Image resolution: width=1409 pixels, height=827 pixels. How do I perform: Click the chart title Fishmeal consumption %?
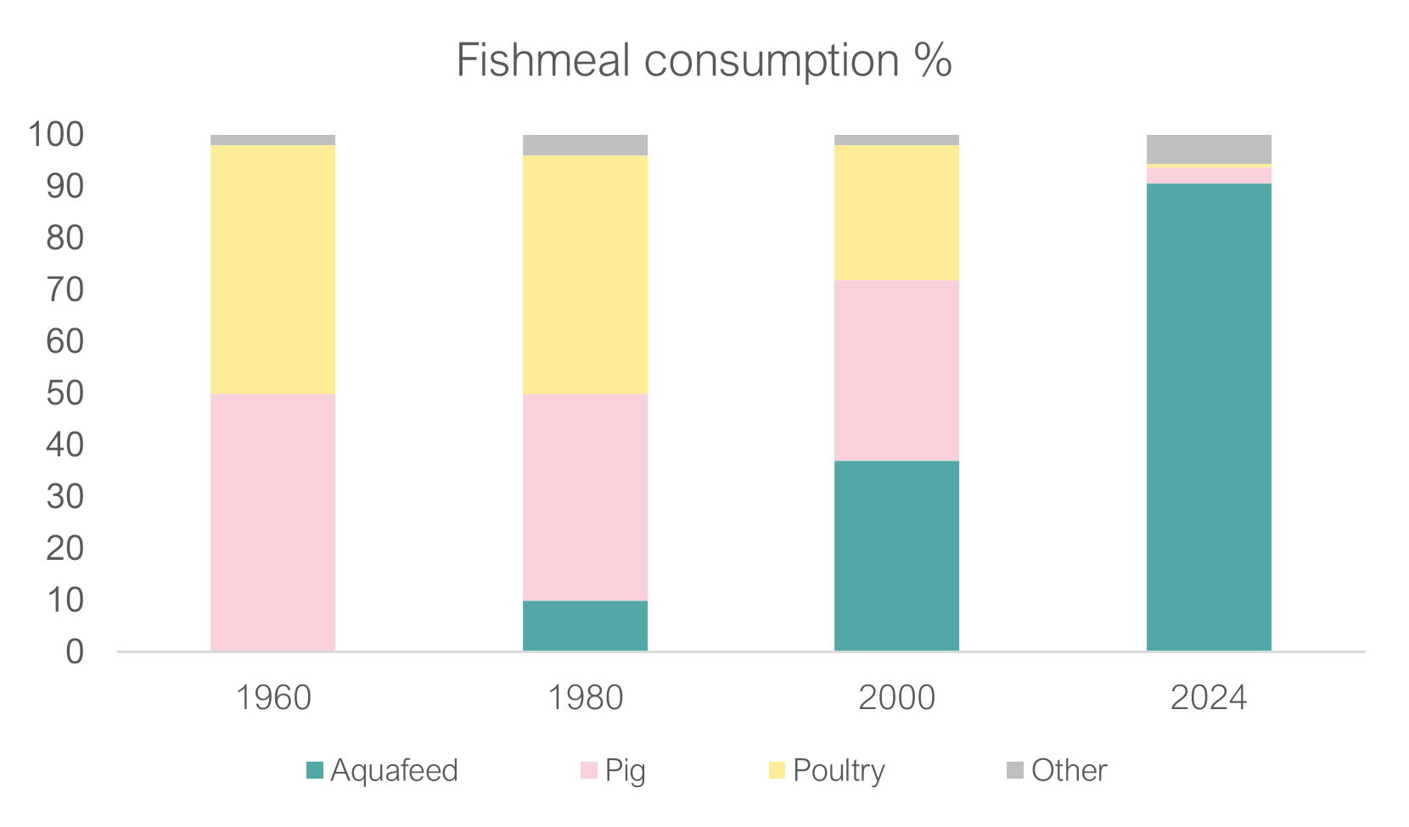point(704,61)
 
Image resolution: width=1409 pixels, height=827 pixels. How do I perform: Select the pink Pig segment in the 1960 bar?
point(272,522)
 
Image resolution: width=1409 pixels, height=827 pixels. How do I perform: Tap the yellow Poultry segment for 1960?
point(272,269)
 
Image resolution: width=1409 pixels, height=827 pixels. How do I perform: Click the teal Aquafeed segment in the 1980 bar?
point(585,625)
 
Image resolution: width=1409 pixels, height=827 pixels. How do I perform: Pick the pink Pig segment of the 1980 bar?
point(585,496)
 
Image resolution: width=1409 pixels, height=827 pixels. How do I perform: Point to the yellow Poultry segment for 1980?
point(585,274)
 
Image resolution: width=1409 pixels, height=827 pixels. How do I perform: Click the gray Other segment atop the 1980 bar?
point(585,145)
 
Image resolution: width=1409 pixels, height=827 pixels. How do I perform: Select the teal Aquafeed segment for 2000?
point(896,556)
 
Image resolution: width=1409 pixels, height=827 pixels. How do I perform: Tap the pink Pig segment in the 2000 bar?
point(896,371)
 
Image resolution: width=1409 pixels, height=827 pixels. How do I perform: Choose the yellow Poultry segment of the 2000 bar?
point(896,212)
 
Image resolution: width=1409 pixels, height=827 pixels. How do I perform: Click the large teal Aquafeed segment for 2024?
point(1209,416)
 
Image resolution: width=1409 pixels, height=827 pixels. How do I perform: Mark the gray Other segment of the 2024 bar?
point(1209,149)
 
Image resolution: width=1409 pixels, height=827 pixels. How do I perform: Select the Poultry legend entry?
point(828,770)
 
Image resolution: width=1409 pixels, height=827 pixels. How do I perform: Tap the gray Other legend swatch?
point(1015,770)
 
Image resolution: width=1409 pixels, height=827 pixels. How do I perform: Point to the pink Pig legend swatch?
point(589,770)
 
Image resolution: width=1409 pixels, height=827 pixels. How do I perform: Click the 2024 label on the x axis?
point(1209,698)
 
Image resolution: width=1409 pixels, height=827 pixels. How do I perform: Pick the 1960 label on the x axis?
point(272,698)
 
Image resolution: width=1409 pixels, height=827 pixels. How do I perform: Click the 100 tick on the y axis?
point(57,134)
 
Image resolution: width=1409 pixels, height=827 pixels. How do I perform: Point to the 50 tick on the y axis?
point(65,393)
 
